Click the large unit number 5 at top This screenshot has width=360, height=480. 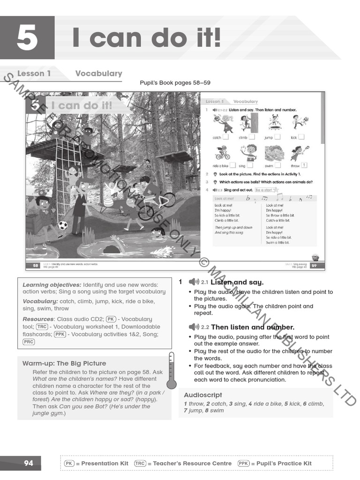pyautogui.click(x=27, y=38)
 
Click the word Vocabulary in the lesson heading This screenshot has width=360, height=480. pyautogui.click(x=98, y=73)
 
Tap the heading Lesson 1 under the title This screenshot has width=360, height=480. pyautogui.click(x=34, y=73)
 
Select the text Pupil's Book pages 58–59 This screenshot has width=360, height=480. pyautogui.click(x=175, y=83)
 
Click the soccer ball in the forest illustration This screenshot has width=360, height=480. pyautogui.click(x=62, y=225)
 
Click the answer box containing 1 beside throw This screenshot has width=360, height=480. pyautogui.click(x=304, y=165)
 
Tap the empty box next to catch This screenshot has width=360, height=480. pyautogui.click(x=225, y=137)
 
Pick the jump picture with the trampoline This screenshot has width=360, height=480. pyautogui.click(x=275, y=123)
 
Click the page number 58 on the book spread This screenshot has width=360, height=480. pyautogui.click(x=36, y=265)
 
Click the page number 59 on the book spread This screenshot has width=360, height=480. pyautogui.click(x=314, y=265)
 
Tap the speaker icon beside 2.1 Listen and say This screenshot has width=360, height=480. pyautogui.click(x=194, y=282)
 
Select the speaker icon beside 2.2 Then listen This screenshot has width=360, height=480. pyautogui.click(x=194, y=327)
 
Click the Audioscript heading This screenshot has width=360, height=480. pyautogui.click(x=203, y=395)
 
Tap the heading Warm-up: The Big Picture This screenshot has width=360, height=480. pyautogui.click(x=64, y=363)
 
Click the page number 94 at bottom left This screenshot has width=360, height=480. pyautogui.click(x=29, y=463)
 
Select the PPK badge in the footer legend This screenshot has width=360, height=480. pyautogui.click(x=243, y=463)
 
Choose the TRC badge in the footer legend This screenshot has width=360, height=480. pyautogui.click(x=140, y=463)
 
